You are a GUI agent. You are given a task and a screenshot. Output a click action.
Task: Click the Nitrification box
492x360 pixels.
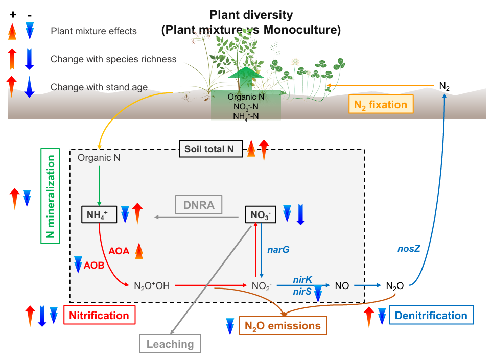tap(100, 315)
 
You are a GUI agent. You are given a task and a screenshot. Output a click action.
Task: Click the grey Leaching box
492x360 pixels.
tap(170, 344)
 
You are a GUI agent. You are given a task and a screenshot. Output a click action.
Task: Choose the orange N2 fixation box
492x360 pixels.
tap(381, 105)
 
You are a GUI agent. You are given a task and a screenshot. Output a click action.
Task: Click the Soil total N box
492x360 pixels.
tap(209, 149)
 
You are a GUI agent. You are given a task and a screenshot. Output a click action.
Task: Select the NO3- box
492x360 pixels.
tap(261, 215)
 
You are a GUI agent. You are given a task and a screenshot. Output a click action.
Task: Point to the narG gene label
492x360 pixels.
tap(278, 250)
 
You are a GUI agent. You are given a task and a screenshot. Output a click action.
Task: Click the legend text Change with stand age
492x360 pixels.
tap(99, 87)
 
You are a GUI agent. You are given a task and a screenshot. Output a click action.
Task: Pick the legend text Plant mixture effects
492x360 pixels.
tap(93, 31)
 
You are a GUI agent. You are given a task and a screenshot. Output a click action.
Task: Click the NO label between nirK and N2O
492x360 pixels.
tap(342, 285)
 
